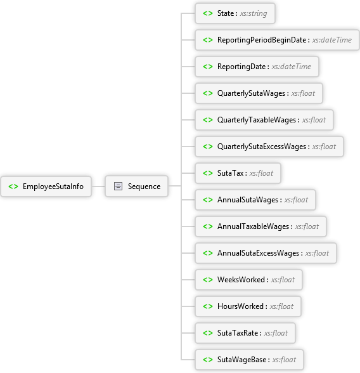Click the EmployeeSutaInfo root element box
tap(46, 186)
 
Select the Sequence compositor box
tap(137, 186)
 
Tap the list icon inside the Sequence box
tap(118, 186)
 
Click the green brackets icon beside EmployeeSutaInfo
tap(13, 186)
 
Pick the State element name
tap(226, 13)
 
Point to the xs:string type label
tap(254, 13)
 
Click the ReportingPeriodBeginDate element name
tap(262, 40)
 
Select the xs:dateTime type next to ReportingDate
tap(291, 67)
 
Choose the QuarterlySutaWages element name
tap(251, 93)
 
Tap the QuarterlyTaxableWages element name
tap(257, 120)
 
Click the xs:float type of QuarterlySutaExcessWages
tap(324, 147)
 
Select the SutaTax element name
tap(230, 173)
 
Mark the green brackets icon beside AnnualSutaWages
tap(208, 200)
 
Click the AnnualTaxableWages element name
tap(253, 226)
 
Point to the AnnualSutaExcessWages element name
tap(259, 253)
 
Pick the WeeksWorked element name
tap(241, 280)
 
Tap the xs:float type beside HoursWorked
tap(281, 306)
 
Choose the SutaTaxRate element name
tap(238, 333)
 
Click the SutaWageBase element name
tap(241, 360)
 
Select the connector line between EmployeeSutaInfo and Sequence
tap(98, 186)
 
